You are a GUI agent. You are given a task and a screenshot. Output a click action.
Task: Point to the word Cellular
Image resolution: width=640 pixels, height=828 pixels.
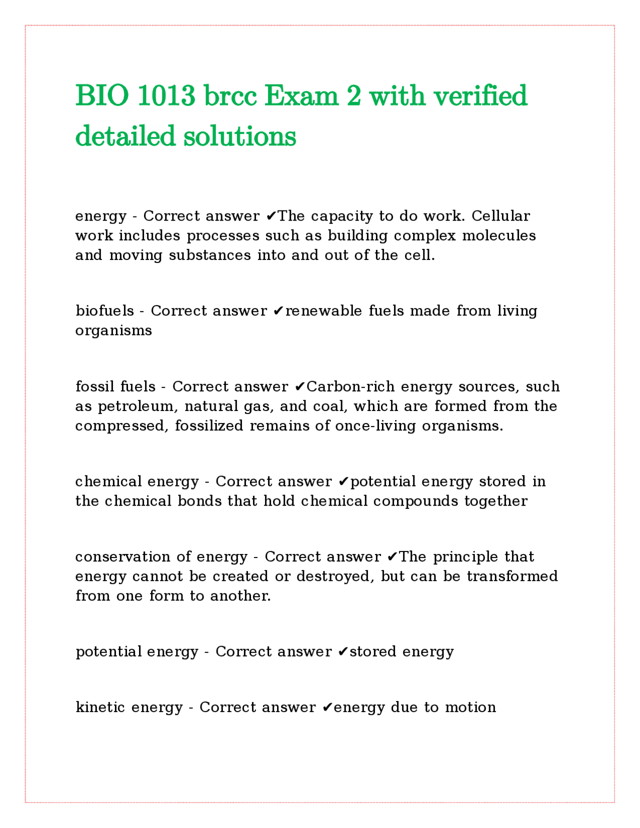click(x=500, y=216)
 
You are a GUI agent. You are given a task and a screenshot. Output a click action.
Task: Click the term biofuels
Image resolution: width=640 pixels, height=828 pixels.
click(x=104, y=311)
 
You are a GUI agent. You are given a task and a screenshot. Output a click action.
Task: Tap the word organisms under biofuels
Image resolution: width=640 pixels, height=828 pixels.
click(x=113, y=330)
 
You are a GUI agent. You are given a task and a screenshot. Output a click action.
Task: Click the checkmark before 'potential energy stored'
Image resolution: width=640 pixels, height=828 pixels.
click(x=343, y=482)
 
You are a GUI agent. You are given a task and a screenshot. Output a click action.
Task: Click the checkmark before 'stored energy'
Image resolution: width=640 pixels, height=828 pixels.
click(x=343, y=652)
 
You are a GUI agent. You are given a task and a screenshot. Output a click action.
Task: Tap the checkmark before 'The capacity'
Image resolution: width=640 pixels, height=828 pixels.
click(x=270, y=216)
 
